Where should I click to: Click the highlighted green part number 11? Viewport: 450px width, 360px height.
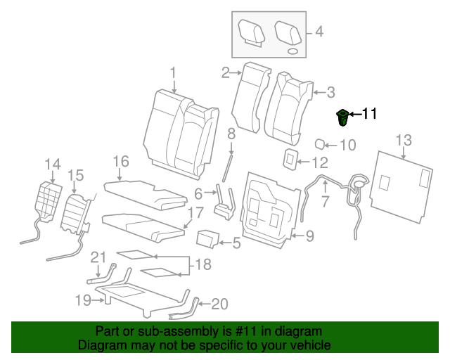tap(343, 118)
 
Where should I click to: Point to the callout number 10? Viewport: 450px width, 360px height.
tap(348, 146)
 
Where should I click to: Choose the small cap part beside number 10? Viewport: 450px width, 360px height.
tap(319, 144)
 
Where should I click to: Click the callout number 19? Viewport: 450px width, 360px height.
tap(84, 301)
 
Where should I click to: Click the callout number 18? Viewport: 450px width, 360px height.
tap(202, 264)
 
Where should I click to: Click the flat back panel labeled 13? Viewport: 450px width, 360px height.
tap(402, 183)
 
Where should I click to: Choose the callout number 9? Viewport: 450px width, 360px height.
tap(310, 236)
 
